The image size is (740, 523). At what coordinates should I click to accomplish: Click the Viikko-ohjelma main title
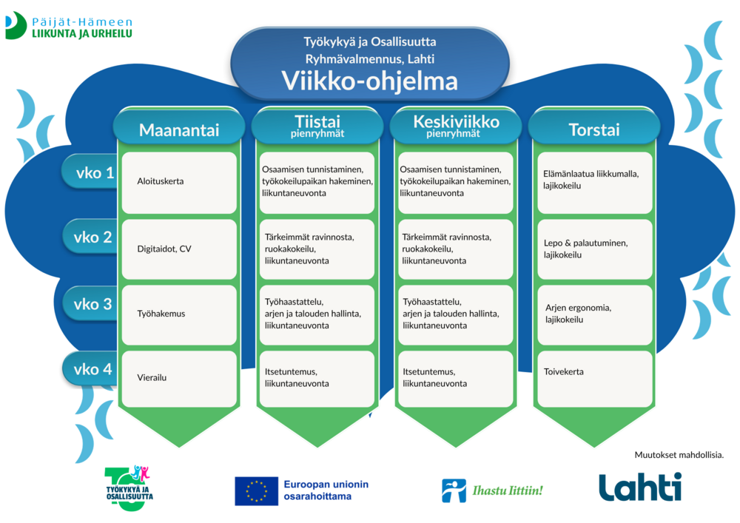click(369, 81)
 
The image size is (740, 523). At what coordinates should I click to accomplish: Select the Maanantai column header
click(179, 129)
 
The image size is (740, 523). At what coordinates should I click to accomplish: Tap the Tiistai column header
click(317, 126)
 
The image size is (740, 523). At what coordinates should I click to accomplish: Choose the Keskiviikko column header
click(456, 126)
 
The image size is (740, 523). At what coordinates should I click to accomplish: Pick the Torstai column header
click(593, 129)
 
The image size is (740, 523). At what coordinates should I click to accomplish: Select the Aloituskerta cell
click(179, 183)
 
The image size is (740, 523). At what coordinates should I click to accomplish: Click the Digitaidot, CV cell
click(179, 249)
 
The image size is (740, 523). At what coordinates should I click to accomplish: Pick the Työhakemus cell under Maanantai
click(179, 314)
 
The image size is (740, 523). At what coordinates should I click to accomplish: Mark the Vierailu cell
click(179, 379)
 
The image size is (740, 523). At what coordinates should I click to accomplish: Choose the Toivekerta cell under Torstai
click(595, 379)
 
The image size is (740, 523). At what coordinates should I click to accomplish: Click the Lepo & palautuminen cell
click(595, 249)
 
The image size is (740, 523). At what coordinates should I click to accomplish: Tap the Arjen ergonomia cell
click(595, 314)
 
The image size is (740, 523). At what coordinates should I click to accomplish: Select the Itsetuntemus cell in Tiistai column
click(317, 379)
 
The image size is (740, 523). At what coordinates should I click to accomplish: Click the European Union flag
click(256, 491)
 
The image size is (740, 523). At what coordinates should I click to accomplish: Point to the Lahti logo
click(640, 487)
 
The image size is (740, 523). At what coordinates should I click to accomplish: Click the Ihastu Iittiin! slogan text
click(508, 490)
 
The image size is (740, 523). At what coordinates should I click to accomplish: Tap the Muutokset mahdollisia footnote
click(679, 455)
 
